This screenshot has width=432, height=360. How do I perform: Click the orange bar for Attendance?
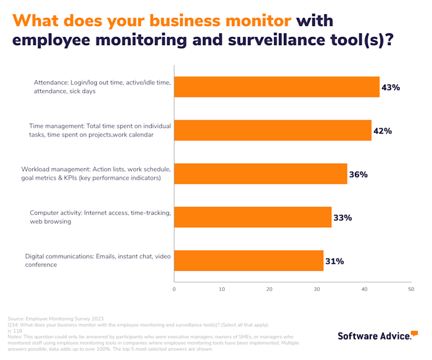point(276,87)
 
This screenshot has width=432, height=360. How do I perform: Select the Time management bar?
point(273,130)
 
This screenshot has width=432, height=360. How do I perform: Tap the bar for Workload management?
point(260,174)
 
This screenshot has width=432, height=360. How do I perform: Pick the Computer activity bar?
point(252,217)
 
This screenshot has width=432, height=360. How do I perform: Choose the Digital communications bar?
point(249,261)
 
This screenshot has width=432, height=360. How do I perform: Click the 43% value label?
point(391,88)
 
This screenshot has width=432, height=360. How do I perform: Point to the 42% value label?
point(383,131)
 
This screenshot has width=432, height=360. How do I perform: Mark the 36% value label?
point(359,174)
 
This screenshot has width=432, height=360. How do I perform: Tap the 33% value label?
point(343,217)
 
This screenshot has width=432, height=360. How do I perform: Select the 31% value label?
point(334,261)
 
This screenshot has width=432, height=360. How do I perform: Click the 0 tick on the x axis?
point(174,289)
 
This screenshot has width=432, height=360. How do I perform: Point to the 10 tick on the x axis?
point(222,289)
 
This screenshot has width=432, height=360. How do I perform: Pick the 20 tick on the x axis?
point(269,289)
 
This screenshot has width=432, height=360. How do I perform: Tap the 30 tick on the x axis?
point(317,289)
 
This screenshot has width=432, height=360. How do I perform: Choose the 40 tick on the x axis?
point(364,289)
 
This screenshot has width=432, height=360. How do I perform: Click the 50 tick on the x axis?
point(411,289)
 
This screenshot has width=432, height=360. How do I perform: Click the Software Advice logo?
point(375,336)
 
